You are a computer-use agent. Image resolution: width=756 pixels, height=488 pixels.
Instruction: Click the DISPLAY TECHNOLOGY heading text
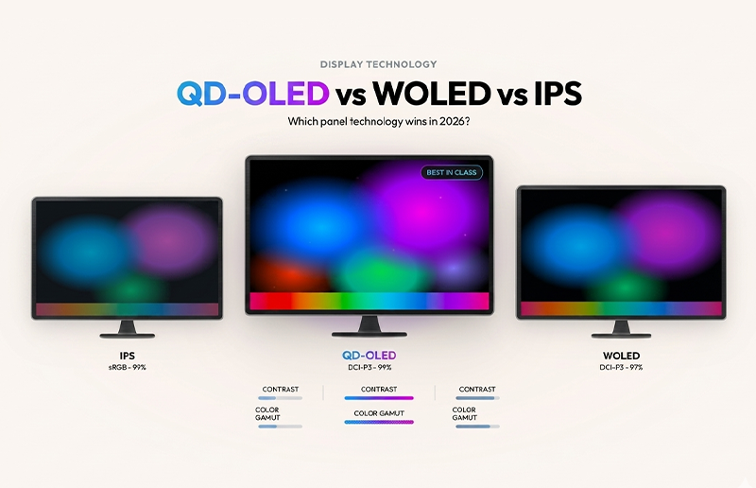[x=378, y=64]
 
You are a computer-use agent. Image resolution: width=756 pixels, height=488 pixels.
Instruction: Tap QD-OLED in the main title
[x=252, y=94]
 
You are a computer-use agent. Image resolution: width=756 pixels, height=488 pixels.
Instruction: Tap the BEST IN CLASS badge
[x=451, y=173]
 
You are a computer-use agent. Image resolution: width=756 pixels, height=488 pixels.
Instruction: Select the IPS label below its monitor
[x=127, y=356]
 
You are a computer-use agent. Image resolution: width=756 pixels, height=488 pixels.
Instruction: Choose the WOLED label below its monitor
[x=620, y=356]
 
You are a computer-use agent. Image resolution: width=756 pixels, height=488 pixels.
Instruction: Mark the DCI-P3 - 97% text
[x=620, y=367]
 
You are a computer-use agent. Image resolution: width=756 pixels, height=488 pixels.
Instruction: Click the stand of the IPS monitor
[x=127, y=329]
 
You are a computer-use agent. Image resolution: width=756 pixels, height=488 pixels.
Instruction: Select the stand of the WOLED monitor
[x=621, y=328]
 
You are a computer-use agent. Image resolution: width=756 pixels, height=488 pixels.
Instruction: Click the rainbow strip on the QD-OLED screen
[x=369, y=302]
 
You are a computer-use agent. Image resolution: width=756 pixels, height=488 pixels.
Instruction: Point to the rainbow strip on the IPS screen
[x=127, y=309]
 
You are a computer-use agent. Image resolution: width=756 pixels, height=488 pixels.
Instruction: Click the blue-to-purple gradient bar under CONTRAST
[x=378, y=398]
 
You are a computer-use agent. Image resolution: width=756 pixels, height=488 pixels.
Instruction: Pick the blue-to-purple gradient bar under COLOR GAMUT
[x=378, y=422]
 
